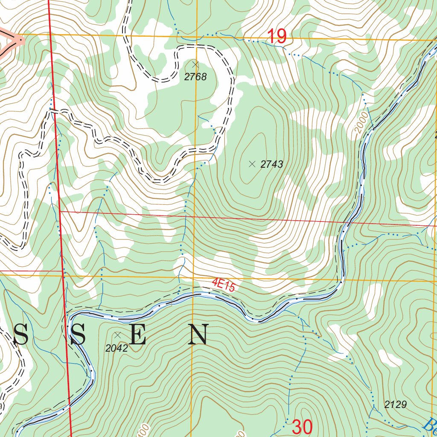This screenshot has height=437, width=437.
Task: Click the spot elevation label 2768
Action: [x=195, y=77]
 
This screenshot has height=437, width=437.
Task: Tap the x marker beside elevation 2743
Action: [x=252, y=163]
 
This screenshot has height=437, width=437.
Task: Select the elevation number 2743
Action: [x=272, y=164]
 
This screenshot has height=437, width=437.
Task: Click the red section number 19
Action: [x=277, y=36]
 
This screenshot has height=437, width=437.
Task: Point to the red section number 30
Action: [x=302, y=427]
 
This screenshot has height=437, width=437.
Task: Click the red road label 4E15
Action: [x=224, y=285]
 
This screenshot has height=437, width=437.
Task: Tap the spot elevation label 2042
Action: [x=117, y=348]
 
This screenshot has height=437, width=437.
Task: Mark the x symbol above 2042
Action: [x=117, y=335]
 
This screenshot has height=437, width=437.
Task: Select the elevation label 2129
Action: [x=395, y=405]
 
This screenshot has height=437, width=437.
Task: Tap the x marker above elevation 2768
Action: [x=195, y=64]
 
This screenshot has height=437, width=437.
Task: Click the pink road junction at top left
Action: [x=19, y=41]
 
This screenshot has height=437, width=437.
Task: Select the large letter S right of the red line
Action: [x=79, y=335]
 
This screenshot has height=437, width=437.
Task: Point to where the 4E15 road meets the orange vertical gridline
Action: [x=193, y=293]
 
